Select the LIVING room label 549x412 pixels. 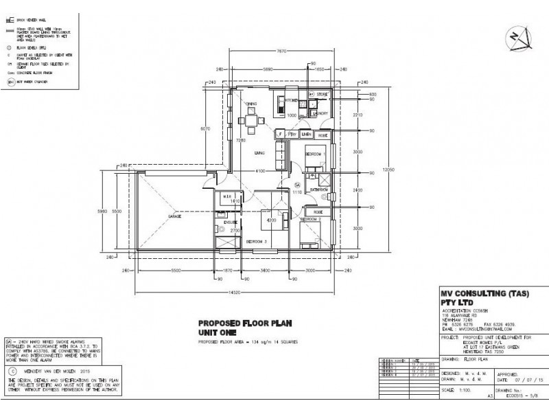click(x=259, y=152)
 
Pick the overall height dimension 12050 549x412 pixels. click(x=388, y=171)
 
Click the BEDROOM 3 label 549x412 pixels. click(x=256, y=242)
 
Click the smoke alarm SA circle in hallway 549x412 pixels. click(x=297, y=185)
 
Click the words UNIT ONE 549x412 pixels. click(x=218, y=332)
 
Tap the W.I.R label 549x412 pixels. click(x=226, y=197)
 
